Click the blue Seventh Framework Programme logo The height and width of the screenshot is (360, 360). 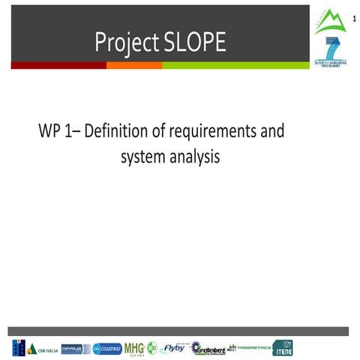331,51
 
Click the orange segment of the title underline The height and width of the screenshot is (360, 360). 134,65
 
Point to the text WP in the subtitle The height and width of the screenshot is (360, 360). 49,133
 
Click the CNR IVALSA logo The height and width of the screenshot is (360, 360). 34,348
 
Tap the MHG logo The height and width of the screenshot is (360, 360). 134,348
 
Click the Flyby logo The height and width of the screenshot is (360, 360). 173,347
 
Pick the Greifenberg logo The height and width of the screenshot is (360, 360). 208,348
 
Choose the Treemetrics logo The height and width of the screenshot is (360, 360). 250,347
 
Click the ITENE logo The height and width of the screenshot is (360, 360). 283,347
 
